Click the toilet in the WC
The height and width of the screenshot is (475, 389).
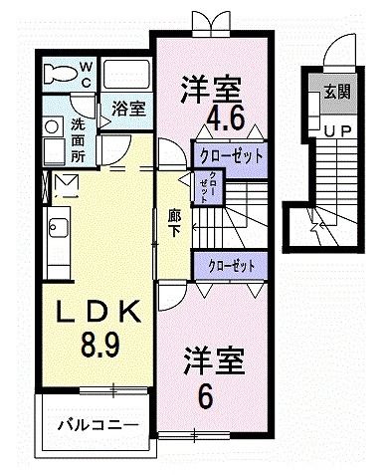pyautogui.click(x=64, y=73)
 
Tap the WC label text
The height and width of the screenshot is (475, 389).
pyautogui.click(x=87, y=73)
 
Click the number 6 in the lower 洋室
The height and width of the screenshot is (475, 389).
pyautogui.click(x=205, y=395)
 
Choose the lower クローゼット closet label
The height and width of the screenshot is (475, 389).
pyautogui.click(x=231, y=265)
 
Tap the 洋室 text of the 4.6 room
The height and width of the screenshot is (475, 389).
pyautogui.click(x=211, y=88)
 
